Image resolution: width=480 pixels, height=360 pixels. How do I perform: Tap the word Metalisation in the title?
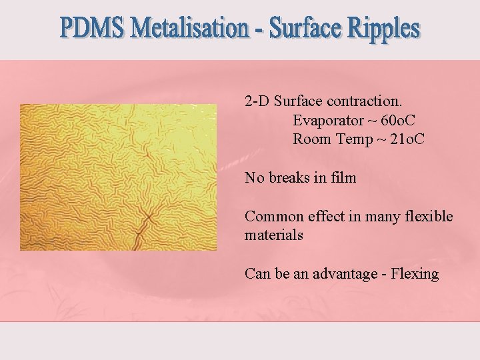(190, 29)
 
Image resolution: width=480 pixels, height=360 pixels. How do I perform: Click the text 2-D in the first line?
(257, 102)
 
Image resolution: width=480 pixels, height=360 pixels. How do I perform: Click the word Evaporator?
(327, 121)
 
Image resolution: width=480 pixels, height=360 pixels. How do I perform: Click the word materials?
(274, 235)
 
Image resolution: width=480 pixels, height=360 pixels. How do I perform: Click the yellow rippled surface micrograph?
(118, 177)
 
